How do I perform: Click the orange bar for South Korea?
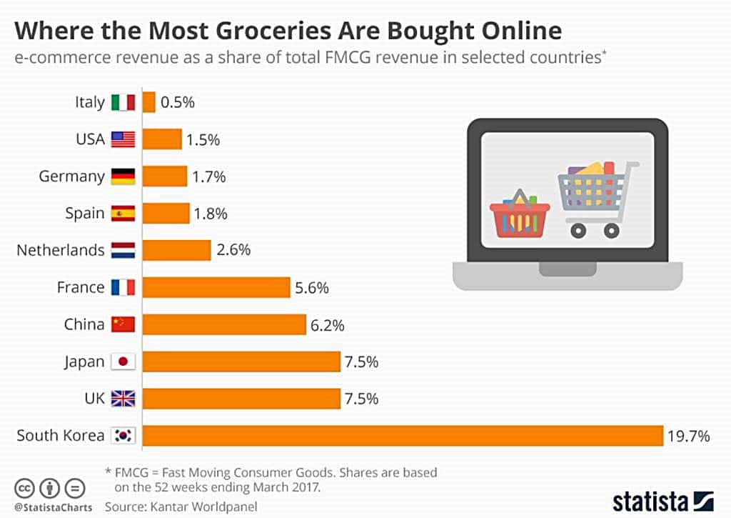(x=403, y=435)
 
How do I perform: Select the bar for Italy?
(x=148, y=101)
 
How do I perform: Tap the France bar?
(x=216, y=287)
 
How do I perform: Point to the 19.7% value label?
(x=689, y=436)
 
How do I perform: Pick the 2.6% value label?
(x=234, y=250)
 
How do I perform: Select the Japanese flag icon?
(x=123, y=362)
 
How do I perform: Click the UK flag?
(x=123, y=399)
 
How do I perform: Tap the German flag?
(x=123, y=176)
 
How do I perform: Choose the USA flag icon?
(x=123, y=139)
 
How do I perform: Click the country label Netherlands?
(x=60, y=250)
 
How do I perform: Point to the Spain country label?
(x=85, y=213)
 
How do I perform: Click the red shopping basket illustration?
(x=520, y=214)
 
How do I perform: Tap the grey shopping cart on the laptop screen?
(x=597, y=196)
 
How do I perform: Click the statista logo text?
(x=651, y=499)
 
